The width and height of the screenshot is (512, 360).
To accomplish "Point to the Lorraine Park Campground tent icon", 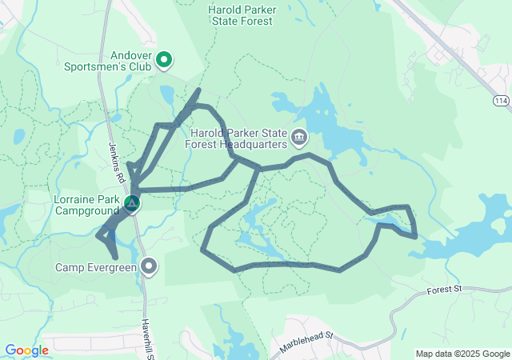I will pos(130,204).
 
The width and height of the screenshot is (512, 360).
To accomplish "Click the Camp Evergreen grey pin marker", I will pos(149,266).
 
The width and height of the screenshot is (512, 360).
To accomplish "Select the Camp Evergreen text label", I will pos(97,266).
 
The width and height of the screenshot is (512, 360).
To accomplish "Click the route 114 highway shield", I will pos(501,101).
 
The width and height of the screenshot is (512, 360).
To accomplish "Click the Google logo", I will pos(27,350).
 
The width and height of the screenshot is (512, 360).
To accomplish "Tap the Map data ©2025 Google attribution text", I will pos(462,354).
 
